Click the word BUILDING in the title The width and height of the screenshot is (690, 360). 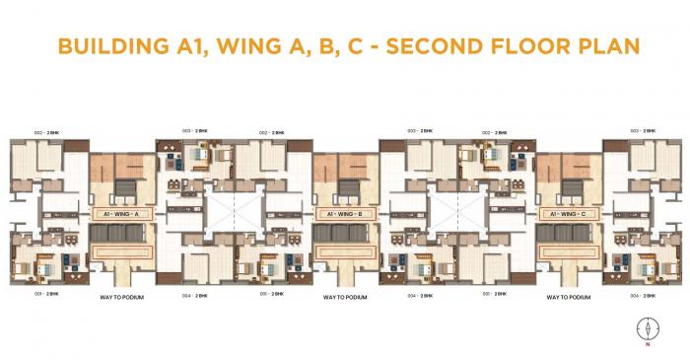point(108,46)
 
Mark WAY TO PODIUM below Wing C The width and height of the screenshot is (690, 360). point(568,296)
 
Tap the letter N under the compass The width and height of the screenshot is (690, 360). point(648,345)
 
